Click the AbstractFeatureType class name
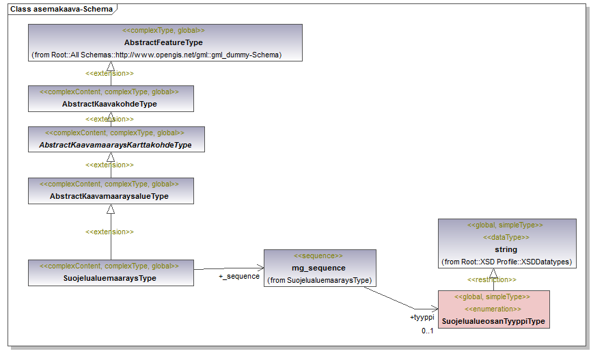click(163, 42)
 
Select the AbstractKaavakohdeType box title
click(109, 104)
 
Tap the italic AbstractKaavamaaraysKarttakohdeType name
click(115, 145)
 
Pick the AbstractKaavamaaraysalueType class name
click(109, 196)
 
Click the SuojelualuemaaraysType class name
click(110, 278)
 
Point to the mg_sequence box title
click(318, 268)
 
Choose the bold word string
click(506, 249)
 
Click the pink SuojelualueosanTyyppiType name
click(493, 321)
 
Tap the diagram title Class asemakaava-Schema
click(61, 9)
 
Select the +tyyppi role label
click(422, 317)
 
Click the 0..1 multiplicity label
click(428, 331)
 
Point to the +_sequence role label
click(239, 277)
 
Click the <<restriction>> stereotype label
click(492, 279)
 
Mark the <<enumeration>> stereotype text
click(493, 309)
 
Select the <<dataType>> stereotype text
click(506, 237)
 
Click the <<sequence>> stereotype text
click(318, 255)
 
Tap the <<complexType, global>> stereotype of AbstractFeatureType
click(164, 30)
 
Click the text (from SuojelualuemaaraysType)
click(320, 280)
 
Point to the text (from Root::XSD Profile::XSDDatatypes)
click(506, 262)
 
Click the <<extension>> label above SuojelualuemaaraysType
click(109, 232)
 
